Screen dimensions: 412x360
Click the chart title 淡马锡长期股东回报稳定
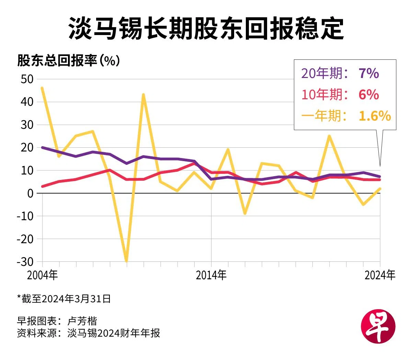pos(206,29)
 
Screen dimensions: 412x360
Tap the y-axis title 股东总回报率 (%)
pos(69,60)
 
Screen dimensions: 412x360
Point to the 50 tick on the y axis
pos(27,79)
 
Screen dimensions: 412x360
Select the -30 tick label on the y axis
pos(25,262)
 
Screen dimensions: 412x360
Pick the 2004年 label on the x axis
pos(42,275)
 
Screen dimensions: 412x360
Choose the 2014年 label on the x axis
pos(211,275)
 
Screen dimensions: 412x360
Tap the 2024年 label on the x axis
pos(380,275)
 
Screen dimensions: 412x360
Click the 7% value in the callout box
pos(369,73)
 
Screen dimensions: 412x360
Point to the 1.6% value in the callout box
pos(375,116)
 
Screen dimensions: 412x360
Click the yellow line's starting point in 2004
pos(42,88)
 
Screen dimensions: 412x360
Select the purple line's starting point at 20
pos(42,148)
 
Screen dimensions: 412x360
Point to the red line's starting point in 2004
pos(42,187)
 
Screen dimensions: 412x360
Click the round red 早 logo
pos(378,326)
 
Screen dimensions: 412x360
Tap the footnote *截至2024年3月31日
pos(64,299)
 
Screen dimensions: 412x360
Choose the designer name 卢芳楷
pos(82,321)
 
